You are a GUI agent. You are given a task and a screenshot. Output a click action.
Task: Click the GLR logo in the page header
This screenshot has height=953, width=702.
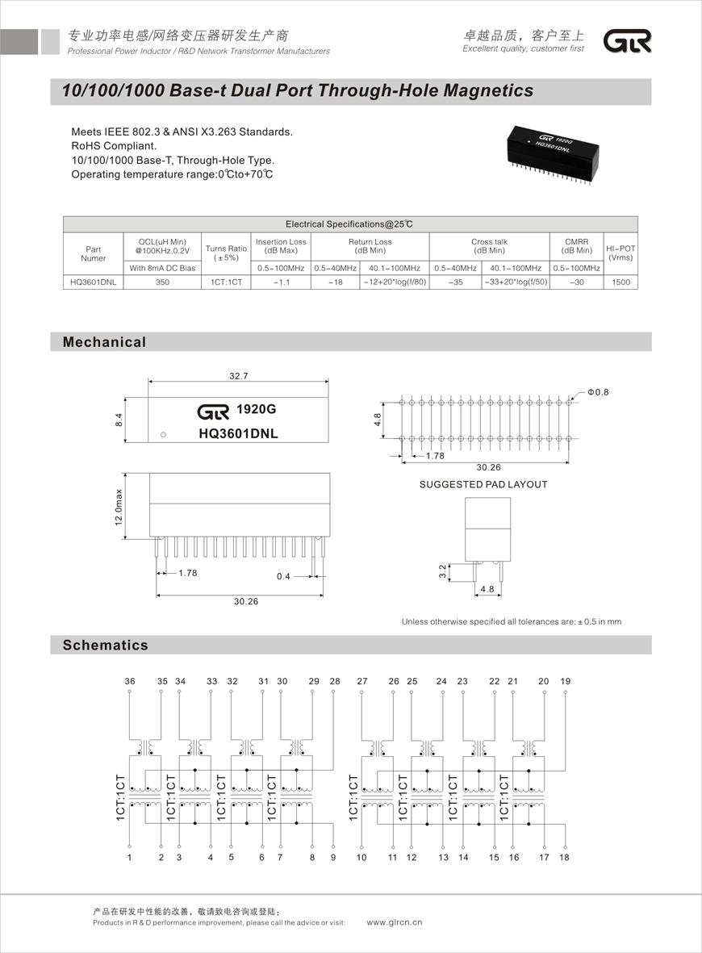coord(628,42)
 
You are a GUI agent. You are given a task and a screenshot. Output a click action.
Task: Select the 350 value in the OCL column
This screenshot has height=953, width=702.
coord(162,282)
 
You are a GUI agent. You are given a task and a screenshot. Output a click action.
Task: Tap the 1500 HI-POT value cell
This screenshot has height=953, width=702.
coord(621,282)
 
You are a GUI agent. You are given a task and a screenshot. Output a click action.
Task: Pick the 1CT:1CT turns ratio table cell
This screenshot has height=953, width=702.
coord(226,282)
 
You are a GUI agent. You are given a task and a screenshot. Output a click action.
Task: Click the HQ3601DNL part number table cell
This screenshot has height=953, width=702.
coord(93,282)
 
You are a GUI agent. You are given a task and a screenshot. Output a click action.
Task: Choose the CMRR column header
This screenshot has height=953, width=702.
coord(577,246)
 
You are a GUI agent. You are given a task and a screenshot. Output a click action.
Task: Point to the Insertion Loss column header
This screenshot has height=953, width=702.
coord(281,246)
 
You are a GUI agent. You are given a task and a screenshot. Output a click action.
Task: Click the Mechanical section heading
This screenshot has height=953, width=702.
coord(105,342)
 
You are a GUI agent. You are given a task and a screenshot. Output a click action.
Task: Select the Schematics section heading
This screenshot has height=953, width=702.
coord(106,645)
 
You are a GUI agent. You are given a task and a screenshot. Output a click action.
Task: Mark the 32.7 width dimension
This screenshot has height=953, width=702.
coord(239,376)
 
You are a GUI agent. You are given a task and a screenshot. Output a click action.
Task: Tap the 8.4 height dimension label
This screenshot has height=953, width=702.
coord(119,420)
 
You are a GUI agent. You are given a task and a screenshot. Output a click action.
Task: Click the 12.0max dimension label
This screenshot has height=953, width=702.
coord(119,508)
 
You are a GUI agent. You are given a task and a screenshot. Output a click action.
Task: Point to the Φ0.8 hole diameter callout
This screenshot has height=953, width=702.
coord(598,392)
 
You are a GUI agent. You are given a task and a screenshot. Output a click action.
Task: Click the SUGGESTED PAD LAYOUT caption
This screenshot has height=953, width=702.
coord(483,484)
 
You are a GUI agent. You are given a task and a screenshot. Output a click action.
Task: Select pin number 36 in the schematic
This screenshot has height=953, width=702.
coord(130,682)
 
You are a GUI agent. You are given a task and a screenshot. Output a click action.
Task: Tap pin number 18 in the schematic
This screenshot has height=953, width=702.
coord(564,857)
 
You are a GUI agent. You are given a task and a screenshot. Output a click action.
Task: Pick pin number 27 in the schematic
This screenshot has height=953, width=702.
coord(362,682)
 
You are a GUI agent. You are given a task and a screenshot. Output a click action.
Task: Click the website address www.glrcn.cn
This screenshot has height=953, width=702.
coord(395,922)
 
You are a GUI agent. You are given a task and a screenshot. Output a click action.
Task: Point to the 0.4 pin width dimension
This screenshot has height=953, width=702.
coord(283,576)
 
